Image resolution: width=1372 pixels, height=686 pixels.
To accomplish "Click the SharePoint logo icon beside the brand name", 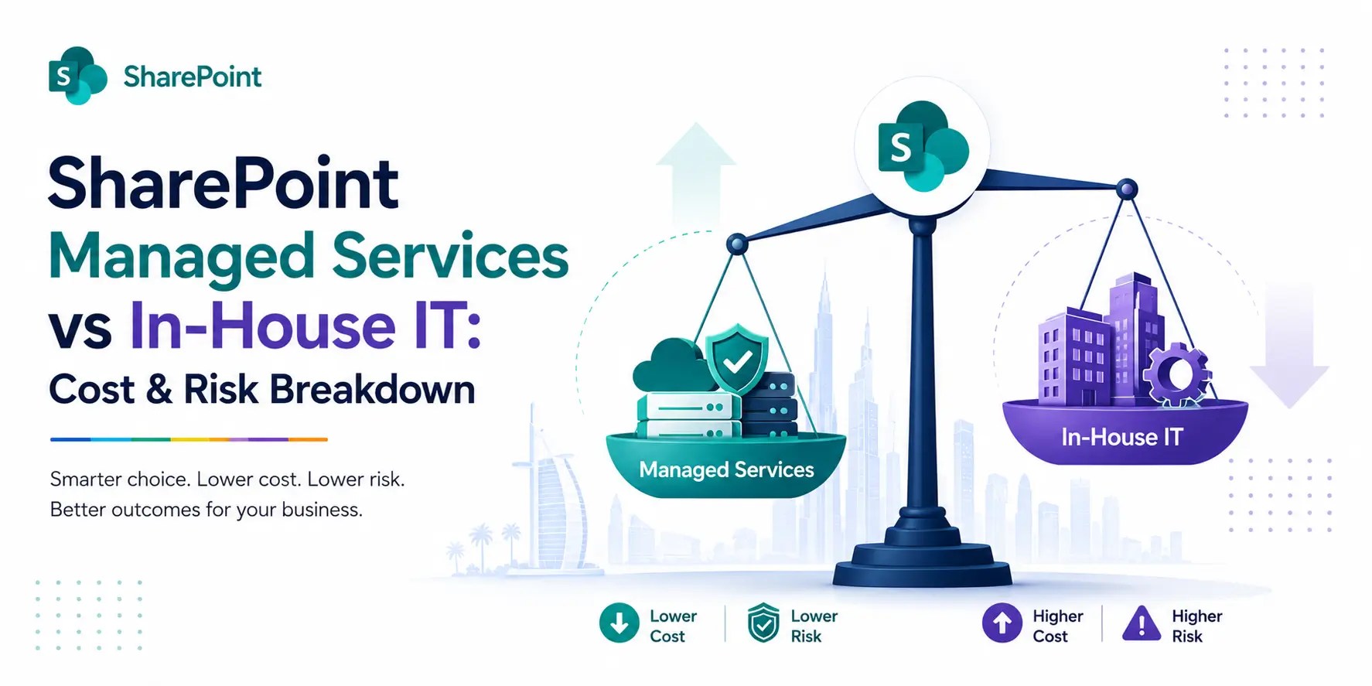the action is pyautogui.click(x=77, y=76).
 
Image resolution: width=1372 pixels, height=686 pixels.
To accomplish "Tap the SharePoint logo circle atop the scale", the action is pyautogui.click(x=922, y=145).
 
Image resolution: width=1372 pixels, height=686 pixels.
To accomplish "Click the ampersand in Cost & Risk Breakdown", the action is pyautogui.click(x=159, y=389).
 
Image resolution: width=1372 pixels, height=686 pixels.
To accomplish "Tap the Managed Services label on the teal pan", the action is pyautogui.click(x=726, y=470).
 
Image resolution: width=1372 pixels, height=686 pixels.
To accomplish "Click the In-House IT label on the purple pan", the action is pyautogui.click(x=1121, y=437).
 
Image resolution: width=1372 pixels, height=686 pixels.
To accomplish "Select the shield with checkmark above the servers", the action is pyautogui.click(x=737, y=358).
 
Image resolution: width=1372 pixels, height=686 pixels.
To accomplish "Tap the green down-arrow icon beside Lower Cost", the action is pyautogui.click(x=619, y=623).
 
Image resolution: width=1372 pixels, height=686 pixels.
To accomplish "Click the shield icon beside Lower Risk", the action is pyautogui.click(x=763, y=623).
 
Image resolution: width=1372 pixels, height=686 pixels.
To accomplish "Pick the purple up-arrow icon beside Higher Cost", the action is pyautogui.click(x=1002, y=623).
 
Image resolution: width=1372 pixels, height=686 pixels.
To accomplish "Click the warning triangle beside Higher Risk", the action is pyautogui.click(x=1142, y=624).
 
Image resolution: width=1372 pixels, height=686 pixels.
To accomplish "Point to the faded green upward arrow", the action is pyautogui.click(x=696, y=173).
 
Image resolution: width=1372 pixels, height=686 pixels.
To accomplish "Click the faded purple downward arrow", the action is pyautogui.click(x=1289, y=345).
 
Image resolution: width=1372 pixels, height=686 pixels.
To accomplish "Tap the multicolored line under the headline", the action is pyautogui.click(x=189, y=439).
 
